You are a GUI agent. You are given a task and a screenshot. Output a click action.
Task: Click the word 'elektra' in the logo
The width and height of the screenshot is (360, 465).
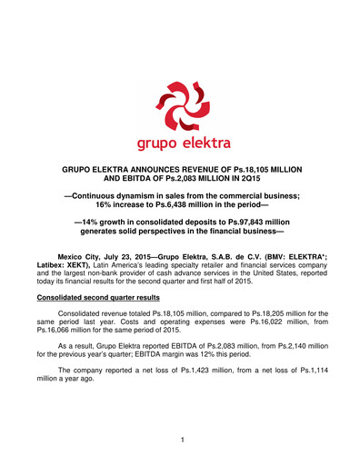pos(205,142)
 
